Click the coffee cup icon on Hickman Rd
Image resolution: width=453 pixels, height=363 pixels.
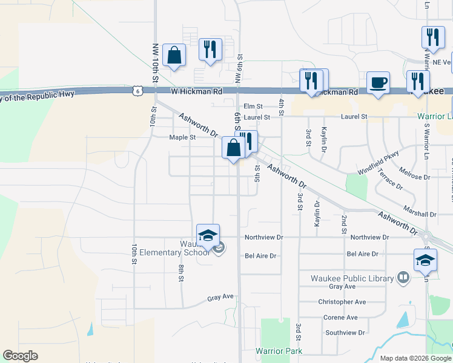coord(378,82)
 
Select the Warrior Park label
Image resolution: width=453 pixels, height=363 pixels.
coord(278,351)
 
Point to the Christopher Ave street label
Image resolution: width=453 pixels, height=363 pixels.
coord(342,302)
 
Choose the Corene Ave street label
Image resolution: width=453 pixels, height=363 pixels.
coord(340,317)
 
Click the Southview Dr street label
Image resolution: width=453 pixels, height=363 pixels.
coord(345,332)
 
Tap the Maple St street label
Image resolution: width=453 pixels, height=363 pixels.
coord(182,137)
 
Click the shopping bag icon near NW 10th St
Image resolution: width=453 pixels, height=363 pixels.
coord(174,56)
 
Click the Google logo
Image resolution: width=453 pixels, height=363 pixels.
coord(20,356)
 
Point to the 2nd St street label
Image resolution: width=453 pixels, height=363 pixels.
coord(344,224)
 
